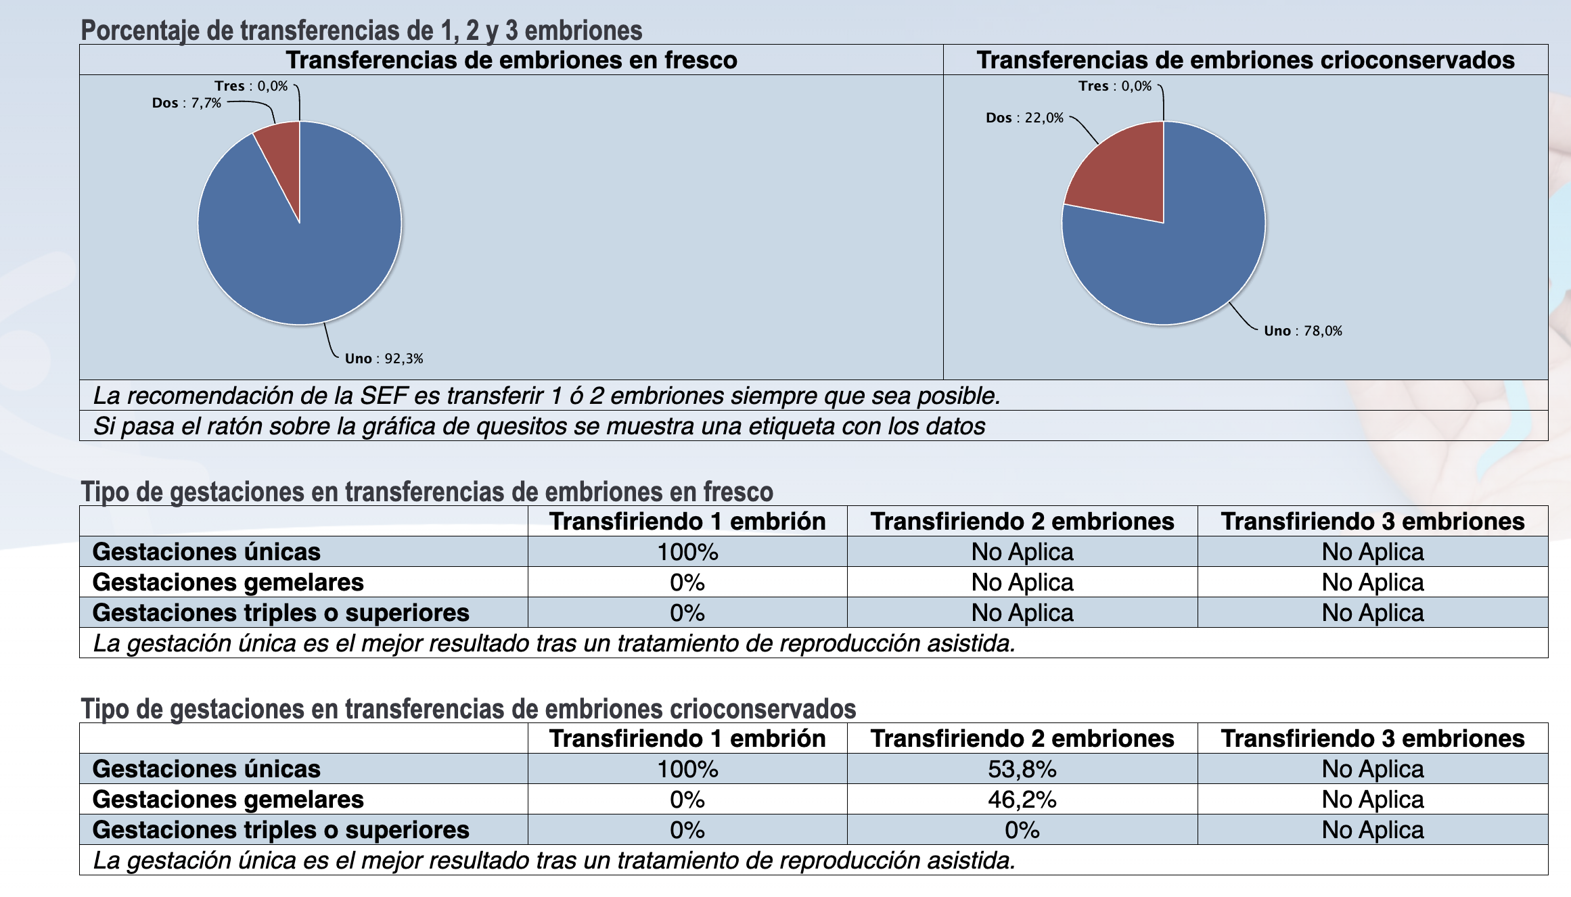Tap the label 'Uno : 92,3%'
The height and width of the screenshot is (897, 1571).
[x=384, y=359]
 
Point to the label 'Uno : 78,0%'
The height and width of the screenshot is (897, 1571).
[x=1303, y=331]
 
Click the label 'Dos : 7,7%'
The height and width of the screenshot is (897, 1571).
[x=187, y=103]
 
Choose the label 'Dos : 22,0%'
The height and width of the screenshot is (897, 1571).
[x=1024, y=118]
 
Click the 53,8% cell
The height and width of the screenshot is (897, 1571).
[x=1022, y=769]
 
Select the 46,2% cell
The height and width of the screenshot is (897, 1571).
[x=1022, y=800]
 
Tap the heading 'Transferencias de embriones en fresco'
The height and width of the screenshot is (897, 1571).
[x=511, y=60]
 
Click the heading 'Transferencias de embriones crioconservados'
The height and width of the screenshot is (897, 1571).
[x=1245, y=60]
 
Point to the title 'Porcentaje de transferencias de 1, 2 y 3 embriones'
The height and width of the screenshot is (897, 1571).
[x=361, y=30]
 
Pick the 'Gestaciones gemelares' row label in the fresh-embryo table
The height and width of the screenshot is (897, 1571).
[x=228, y=582]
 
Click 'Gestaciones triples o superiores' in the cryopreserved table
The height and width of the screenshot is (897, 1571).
[x=281, y=830]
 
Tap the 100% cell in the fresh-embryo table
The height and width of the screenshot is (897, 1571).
[x=687, y=552]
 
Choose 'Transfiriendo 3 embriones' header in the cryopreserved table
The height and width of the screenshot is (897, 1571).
[x=1372, y=739]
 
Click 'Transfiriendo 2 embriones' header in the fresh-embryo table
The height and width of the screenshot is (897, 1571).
[x=1022, y=522]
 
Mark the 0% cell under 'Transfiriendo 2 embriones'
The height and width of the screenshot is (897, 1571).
[x=1022, y=830]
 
